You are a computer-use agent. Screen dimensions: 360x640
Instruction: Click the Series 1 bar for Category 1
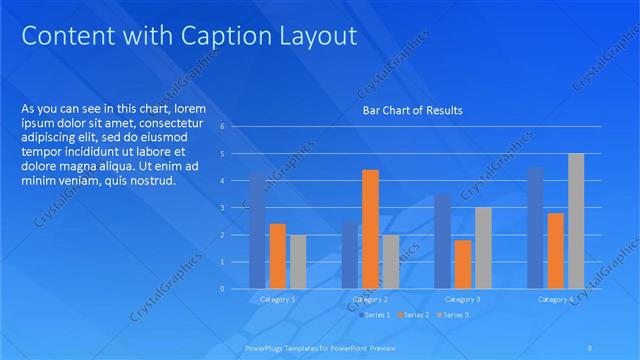257,230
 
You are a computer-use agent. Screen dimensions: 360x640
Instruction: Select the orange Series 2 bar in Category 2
370,229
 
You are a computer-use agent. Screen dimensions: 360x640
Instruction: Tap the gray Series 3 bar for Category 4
576,221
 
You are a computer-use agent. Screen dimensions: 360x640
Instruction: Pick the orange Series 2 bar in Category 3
463,264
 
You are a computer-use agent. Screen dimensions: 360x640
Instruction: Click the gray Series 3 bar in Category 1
298,262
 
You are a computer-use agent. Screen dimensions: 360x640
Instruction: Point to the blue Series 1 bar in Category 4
535,228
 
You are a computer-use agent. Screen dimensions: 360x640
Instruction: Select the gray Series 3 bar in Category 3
483,248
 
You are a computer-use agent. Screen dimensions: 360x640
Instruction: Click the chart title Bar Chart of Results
412,110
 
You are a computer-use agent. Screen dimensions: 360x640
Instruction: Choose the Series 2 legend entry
415,315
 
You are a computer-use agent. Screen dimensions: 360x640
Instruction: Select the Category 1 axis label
277,299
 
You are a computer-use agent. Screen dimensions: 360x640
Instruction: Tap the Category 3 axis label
463,299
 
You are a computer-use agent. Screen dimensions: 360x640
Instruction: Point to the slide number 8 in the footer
589,349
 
